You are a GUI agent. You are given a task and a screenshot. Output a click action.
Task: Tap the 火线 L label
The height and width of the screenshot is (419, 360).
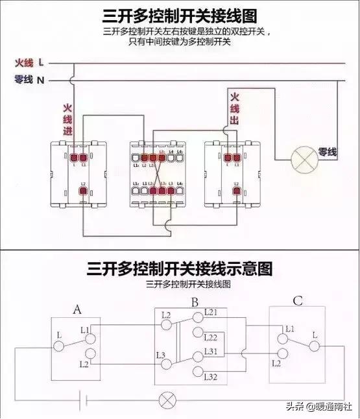(30, 63)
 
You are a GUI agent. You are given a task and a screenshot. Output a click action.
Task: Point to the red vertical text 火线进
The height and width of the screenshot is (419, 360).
(67, 120)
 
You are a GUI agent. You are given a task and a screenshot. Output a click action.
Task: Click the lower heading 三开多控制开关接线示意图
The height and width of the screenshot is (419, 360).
(180, 269)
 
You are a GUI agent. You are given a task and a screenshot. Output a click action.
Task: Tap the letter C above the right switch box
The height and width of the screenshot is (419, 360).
(297, 300)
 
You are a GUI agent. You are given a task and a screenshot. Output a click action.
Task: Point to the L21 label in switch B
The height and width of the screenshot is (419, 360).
(212, 313)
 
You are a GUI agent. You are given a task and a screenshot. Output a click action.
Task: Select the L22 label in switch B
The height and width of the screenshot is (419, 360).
(211, 338)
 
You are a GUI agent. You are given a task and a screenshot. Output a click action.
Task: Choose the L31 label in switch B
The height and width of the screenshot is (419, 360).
(211, 352)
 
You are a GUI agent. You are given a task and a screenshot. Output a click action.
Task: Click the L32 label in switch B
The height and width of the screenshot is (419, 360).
(211, 377)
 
